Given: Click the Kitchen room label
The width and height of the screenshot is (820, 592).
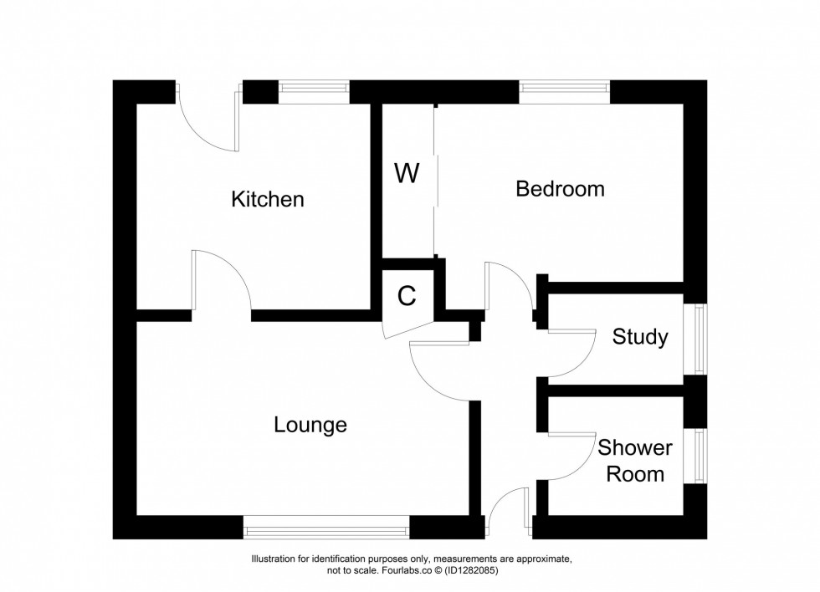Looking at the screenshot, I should pyautogui.click(x=267, y=200).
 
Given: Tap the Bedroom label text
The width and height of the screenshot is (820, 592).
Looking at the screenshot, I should pyautogui.click(x=560, y=189).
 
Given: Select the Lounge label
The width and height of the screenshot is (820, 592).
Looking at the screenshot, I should pyautogui.click(x=310, y=426).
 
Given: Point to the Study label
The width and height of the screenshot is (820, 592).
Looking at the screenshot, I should pyautogui.click(x=640, y=337).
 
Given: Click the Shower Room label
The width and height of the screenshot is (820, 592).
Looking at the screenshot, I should pyautogui.click(x=634, y=461).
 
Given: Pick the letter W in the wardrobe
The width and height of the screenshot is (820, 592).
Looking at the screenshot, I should pyautogui.click(x=407, y=174).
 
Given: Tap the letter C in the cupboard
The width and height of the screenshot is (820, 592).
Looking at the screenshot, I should pyautogui.click(x=407, y=296).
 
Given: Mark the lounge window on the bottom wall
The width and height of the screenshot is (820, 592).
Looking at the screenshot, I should pyautogui.click(x=326, y=527).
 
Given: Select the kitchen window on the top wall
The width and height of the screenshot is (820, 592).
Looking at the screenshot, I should pyautogui.click(x=314, y=91).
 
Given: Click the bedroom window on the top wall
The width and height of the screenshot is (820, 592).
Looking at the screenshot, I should pyautogui.click(x=565, y=91).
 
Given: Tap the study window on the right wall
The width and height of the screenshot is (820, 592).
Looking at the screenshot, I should pyautogui.click(x=695, y=339).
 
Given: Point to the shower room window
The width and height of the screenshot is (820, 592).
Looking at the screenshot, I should pyautogui.click(x=695, y=456).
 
